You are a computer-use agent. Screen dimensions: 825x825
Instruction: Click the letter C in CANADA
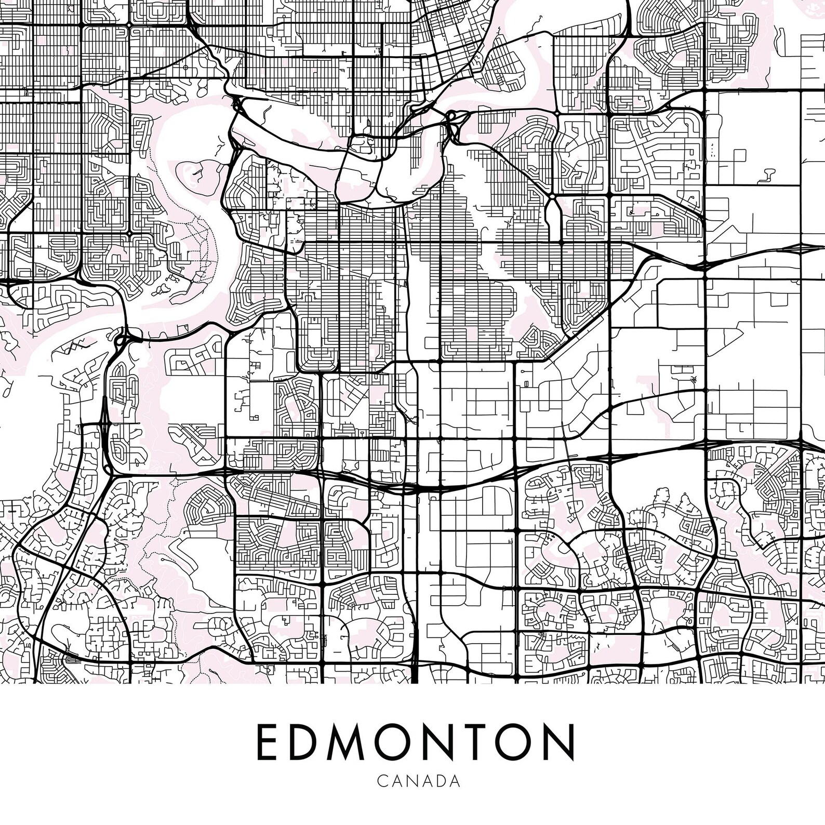382,781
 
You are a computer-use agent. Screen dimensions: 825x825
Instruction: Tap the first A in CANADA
396,781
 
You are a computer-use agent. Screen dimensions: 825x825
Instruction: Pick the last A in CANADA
456,781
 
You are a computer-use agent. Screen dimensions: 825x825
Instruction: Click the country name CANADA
419,781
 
